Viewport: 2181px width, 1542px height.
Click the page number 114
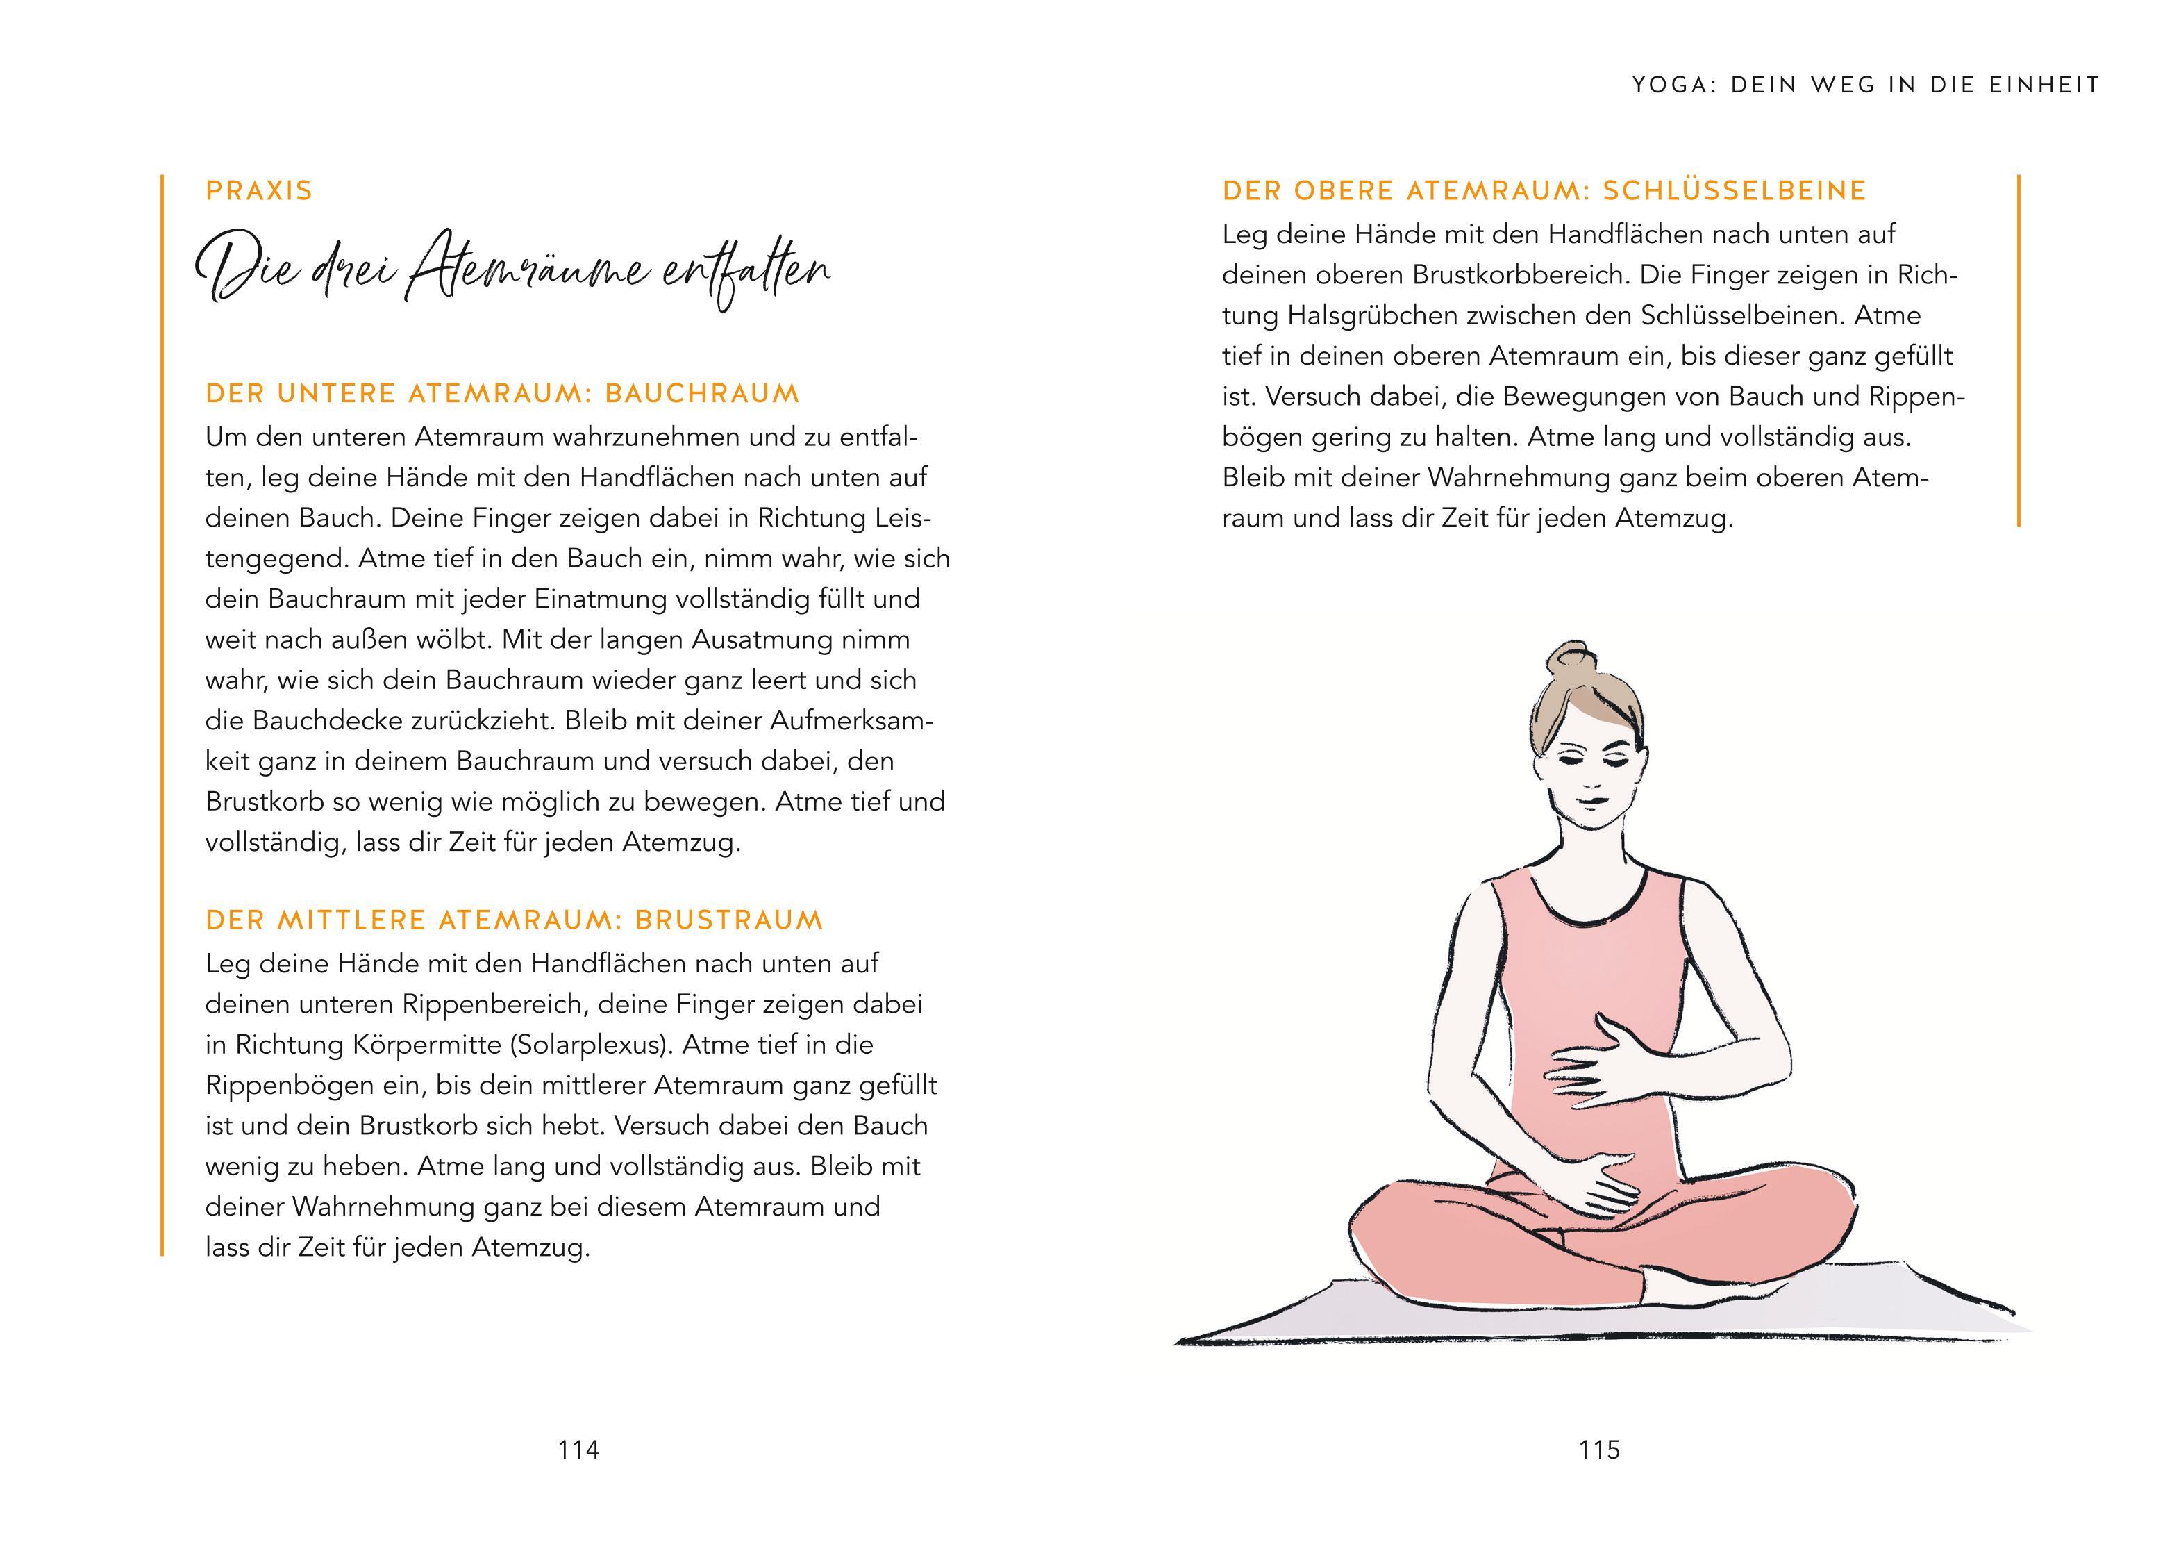578,1450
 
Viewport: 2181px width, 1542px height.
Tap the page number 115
1600,1450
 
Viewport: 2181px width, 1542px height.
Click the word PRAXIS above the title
259,191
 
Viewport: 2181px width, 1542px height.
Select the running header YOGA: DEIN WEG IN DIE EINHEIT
1866,85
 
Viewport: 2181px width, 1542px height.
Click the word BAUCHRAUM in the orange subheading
702,393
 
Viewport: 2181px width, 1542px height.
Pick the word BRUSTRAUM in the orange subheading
728,920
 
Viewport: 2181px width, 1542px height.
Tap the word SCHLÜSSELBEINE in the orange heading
1735,191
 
